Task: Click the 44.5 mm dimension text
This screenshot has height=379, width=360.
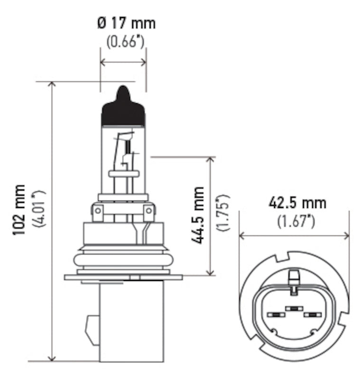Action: coord(198,215)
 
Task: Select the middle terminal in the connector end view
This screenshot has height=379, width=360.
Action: coord(295,309)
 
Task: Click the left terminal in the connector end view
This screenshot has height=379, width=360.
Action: coord(275,315)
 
